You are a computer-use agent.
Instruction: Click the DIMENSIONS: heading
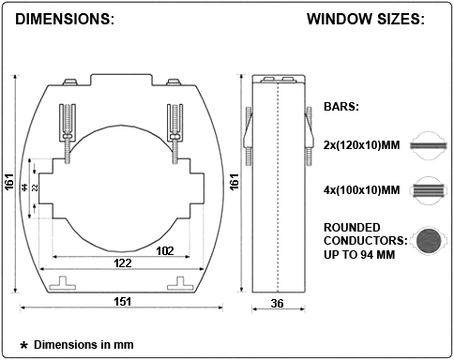pos(65,19)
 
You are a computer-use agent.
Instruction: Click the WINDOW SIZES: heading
pos(366,19)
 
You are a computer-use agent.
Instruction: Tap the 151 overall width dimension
pos(122,301)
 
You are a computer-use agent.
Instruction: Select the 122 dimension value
pos(123,262)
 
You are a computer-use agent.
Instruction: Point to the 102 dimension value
pos(165,250)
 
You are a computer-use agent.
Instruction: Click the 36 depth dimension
pos(277,303)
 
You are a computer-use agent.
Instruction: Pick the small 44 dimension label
pos(24,187)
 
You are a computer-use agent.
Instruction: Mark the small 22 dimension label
pos(35,187)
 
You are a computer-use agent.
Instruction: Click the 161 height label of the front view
pos(9,181)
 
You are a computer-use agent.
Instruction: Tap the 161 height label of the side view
pos(235,181)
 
